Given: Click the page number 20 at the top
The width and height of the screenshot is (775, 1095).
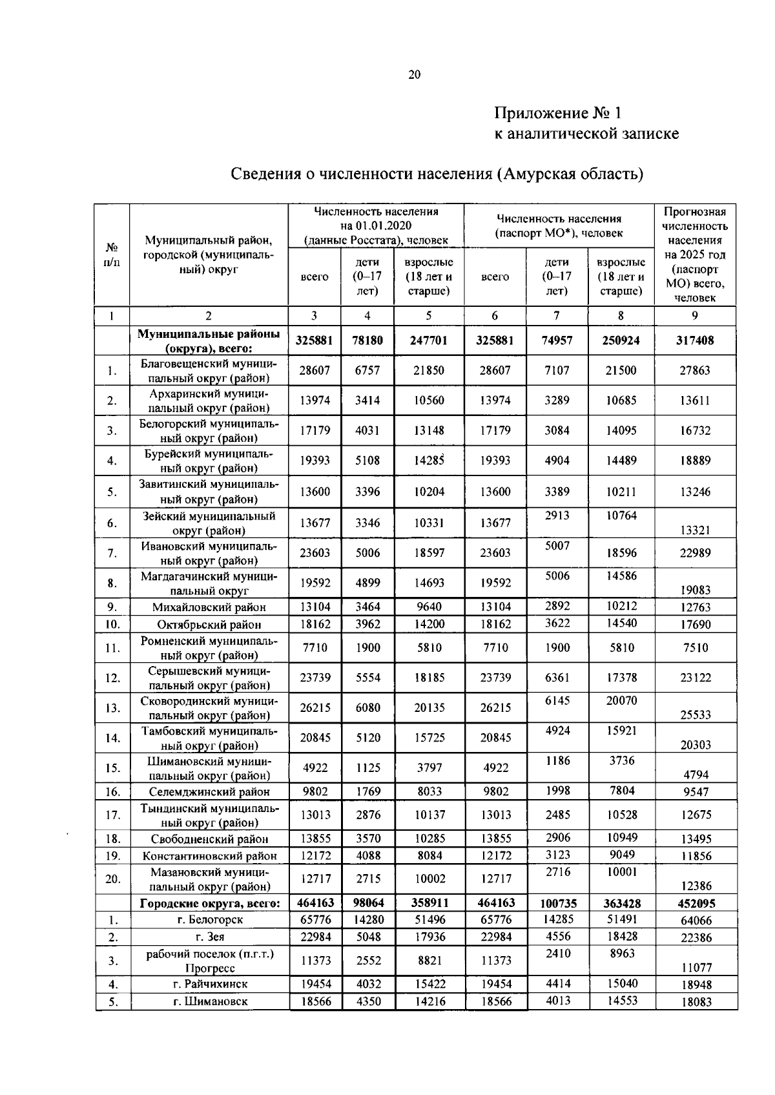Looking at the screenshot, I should point(414,75).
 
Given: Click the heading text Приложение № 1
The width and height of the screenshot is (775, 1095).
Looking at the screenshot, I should point(557,114).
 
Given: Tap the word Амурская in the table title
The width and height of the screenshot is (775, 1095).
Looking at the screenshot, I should point(535,174).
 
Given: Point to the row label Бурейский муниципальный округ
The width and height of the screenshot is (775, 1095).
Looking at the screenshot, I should point(209,461).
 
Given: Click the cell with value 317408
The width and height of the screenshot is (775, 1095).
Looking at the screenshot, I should point(695,340).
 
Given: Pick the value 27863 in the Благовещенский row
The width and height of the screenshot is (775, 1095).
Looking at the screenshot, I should point(695,371).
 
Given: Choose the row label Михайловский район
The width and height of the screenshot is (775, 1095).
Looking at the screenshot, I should point(209,607).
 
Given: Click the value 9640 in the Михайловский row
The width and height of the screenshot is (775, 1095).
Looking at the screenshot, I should point(429,607).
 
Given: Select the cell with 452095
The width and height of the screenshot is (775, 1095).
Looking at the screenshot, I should point(695,903).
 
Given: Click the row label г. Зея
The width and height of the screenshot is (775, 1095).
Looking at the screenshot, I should point(209,937).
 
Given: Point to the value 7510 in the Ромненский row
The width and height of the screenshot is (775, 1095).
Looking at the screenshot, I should point(695,648).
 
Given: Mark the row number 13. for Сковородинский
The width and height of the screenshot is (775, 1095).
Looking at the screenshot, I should point(112,708).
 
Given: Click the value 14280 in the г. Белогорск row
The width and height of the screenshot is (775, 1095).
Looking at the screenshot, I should point(368,920).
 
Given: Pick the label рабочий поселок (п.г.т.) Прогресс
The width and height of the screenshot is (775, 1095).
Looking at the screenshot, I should point(209,961).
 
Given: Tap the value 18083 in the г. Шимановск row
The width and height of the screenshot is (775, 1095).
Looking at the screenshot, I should point(696,1002).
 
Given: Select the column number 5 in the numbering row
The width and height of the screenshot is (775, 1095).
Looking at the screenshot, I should point(429,316).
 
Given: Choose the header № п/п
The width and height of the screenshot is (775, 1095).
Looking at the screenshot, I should point(112,255).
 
